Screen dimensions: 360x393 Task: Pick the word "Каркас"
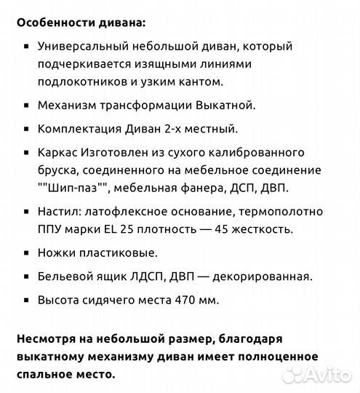[63, 152]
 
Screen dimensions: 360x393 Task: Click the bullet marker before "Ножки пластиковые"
[27, 253]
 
